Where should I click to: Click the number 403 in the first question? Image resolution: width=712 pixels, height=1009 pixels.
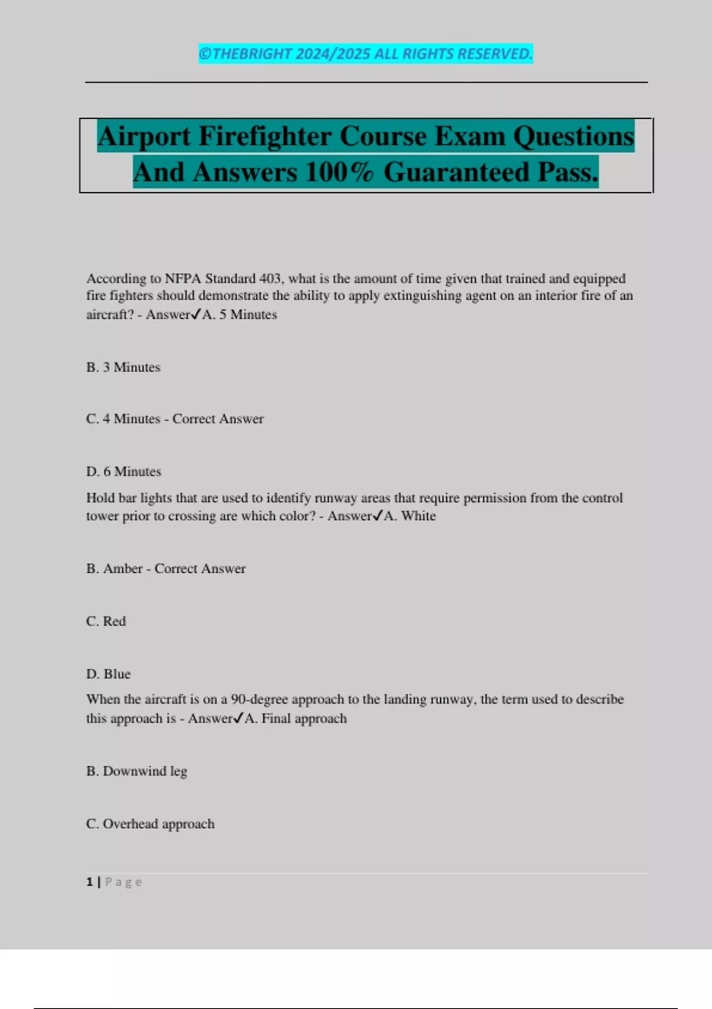pos(270,278)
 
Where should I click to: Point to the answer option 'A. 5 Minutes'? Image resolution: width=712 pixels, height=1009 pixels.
pos(240,315)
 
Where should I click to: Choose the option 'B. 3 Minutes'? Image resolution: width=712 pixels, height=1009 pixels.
pos(123,367)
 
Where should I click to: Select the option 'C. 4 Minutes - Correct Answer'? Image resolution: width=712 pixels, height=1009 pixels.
pos(175,419)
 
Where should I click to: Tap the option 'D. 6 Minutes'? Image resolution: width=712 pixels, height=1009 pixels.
pos(123,472)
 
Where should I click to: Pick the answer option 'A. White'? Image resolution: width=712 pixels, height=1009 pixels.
pos(410,516)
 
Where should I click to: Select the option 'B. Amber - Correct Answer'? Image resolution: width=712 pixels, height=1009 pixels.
pos(166,569)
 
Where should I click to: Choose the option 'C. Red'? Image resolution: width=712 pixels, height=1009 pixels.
pos(106,621)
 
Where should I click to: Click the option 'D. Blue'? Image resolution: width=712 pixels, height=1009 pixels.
pos(109,674)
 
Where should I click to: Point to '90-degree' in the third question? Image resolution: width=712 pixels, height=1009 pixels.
pos(259,699)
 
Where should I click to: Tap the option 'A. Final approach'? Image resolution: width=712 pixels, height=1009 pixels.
pos(296,719)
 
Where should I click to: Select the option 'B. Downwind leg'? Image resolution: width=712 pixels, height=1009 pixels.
pos(136,771)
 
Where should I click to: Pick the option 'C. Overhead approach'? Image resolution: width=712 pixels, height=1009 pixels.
pos(150,824)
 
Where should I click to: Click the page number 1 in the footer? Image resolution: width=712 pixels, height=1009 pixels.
pos(90,882)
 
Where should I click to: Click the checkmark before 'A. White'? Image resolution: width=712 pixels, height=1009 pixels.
pos(378,515)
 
